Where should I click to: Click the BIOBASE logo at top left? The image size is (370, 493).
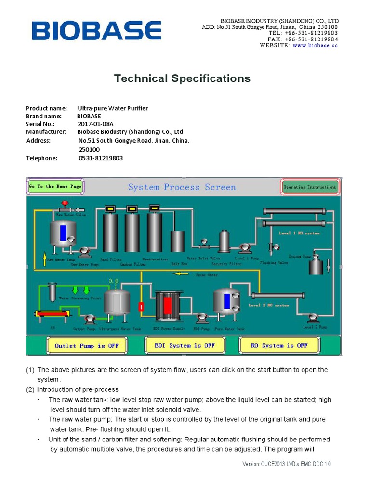point(97,31)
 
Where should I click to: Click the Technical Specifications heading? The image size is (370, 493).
point(182,78)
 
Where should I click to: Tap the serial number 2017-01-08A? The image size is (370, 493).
point(96,124)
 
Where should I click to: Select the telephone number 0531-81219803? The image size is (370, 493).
point(100,158)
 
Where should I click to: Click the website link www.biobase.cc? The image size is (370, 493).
point(315,45)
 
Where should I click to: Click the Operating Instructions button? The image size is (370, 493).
point(310,187)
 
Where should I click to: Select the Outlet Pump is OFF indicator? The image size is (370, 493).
point(86,345)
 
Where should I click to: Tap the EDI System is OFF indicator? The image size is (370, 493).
point(185,345)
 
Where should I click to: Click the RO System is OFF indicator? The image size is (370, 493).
point(279,345)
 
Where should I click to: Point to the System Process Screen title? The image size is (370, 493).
point(182,187)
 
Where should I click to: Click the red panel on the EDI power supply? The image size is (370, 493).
point(168,305)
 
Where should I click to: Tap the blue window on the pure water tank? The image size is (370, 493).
point(226,301)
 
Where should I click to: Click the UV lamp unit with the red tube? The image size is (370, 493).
point(53,313)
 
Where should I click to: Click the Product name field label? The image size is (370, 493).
point(46,108)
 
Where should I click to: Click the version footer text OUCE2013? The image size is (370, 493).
point(286,464)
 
